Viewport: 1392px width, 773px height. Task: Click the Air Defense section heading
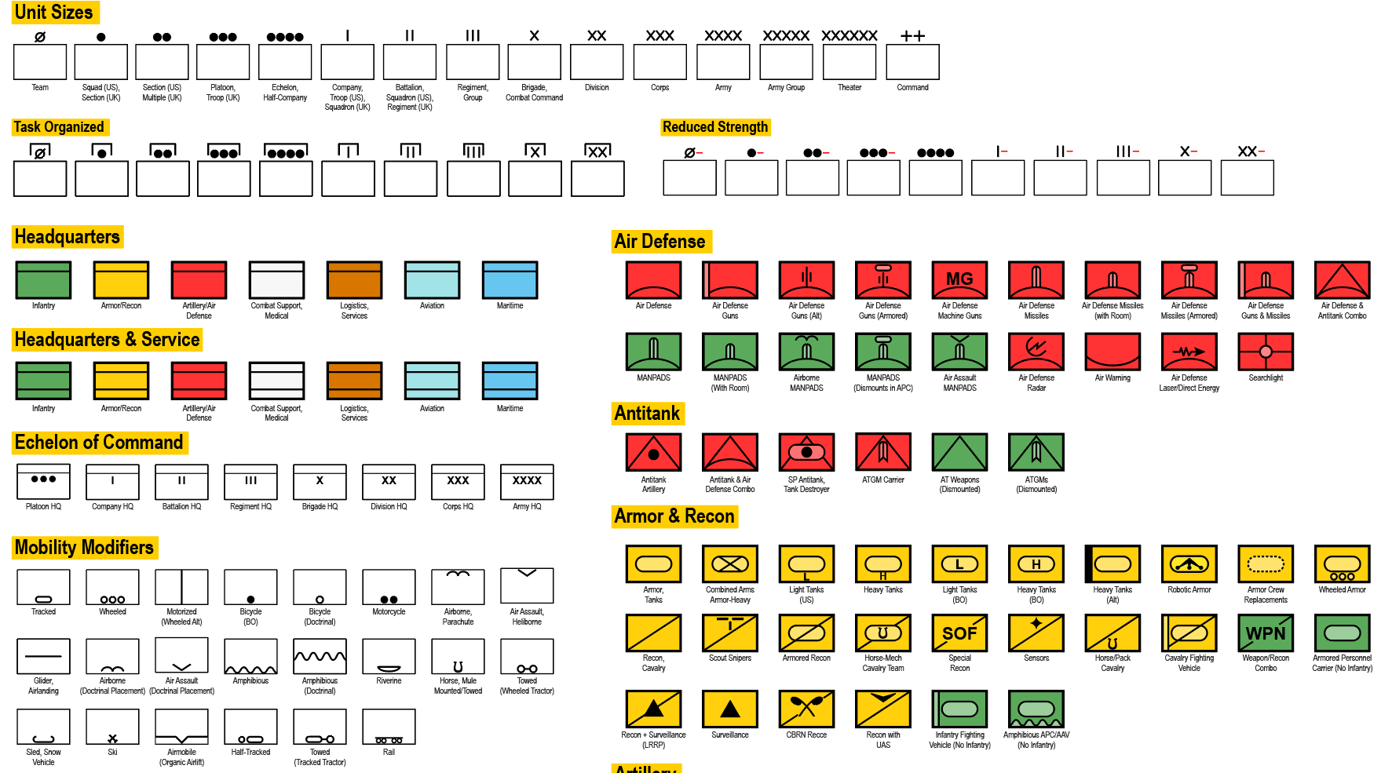click(x=661, y=242)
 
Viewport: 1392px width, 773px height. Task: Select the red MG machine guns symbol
click(x=959, y=280)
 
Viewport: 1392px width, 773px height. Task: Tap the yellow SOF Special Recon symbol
click(x=959, y=633)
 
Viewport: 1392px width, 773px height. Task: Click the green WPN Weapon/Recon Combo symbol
click(x=1266, y=633)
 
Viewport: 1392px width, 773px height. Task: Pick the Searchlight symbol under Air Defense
click(x=1266, y=352)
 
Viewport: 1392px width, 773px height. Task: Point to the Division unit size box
click(x=597, y=62)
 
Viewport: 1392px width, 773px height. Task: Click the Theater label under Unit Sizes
click(x=849, y=88)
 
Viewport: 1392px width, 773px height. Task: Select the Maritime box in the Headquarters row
click(x=510, y=280)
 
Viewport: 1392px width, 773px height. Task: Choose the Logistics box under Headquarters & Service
click(x=355, y=381)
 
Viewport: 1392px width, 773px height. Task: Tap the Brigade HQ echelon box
click(x=320, y=482)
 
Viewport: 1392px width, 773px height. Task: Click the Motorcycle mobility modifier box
click(x=389, y=587)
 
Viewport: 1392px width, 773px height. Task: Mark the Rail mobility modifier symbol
click(x=389, y=727)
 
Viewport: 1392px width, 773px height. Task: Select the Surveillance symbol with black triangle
click(x=730, y=709)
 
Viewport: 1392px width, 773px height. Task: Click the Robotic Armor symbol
click(x=1189, y=564)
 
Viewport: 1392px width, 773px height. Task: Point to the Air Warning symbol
click(x=1113, y=352)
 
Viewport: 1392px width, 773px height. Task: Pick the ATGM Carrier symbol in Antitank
click(x=883, y=453)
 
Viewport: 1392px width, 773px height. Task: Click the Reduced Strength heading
click(x=715, y=127)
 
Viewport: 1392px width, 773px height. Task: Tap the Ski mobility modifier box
click(x=112, y=727)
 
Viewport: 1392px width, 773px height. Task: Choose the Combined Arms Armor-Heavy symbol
click(x=730, y=564)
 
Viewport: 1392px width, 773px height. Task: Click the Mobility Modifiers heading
click(x=85, y=548)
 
